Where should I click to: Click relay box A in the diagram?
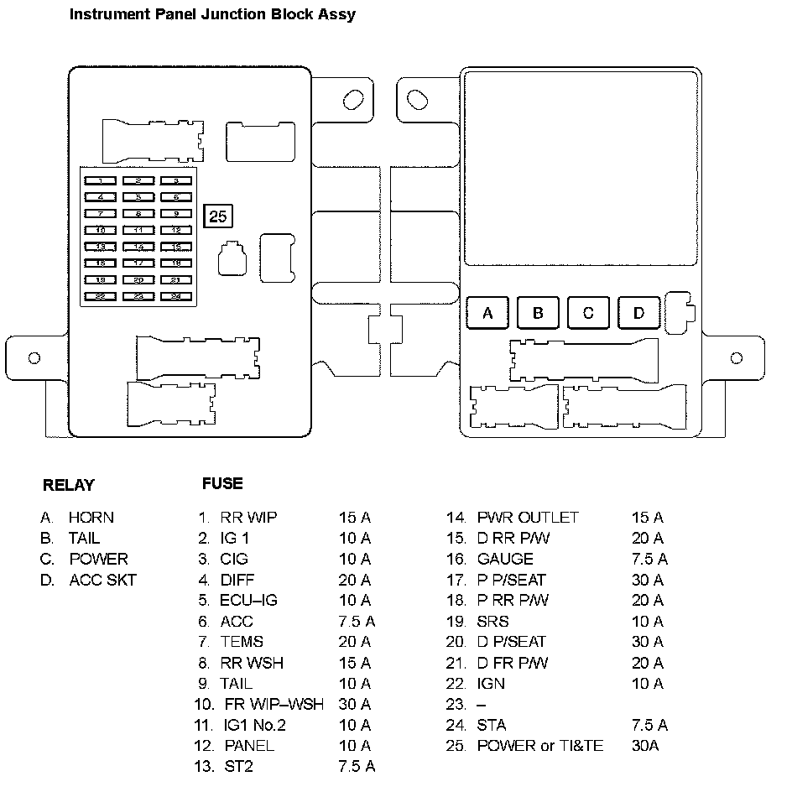(487, 314)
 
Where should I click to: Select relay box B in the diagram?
(538, 314)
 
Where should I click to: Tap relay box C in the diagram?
(588, 314)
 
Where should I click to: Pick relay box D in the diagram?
(638, 314)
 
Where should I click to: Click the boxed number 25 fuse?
(218, 216)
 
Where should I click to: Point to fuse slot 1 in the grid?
(101, 180)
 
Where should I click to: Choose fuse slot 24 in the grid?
(176, 296)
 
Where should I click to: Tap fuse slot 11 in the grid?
(138, 230)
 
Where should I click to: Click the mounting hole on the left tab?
(34, 358)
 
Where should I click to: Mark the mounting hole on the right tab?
(737, 358)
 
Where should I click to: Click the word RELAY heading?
(69, 485)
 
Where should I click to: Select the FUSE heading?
(222, 483)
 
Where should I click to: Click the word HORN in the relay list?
(91, 518)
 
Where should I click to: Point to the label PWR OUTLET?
(528, 518)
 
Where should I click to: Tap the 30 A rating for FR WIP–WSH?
(354, 704)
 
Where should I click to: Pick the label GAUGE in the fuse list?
(505, 559)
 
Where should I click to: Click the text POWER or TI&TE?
(539, 745)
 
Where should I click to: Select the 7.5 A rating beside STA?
(649, 725)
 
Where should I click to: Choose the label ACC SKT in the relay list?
(102, 580)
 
